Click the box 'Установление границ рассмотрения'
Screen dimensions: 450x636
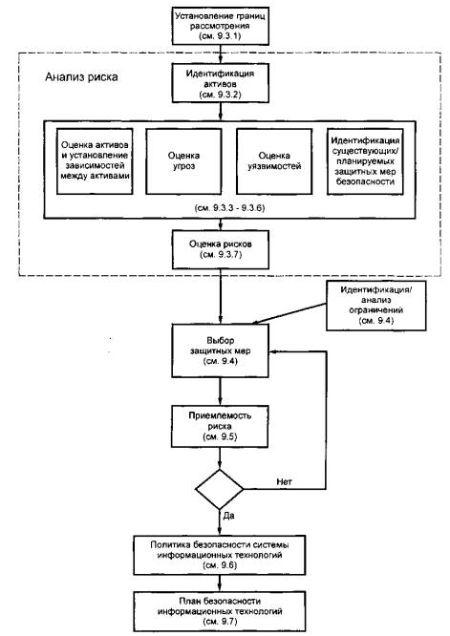[x=221, y=26]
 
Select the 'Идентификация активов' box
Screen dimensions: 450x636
[x=221, y=83]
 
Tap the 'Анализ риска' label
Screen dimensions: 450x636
[x=81, y=77]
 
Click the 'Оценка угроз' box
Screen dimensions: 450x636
[x=183, y=161]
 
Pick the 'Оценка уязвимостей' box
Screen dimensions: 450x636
[x=274, y=161]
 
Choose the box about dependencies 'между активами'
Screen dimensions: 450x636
[x=95, y=161]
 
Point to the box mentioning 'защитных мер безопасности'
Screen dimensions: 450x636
[x=365, y=161]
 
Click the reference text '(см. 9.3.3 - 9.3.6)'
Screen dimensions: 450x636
[x=229, y=208]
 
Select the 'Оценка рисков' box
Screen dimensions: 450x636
[x=221, y=249]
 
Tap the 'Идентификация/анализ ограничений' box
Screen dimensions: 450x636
[x=376, y=306]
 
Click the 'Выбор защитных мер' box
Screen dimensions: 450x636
[x=221, y=350]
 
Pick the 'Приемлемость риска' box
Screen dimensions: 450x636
[x=221, y=426]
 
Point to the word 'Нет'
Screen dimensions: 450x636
[x=284, y=482]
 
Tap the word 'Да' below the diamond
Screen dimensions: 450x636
[x=229, y=516]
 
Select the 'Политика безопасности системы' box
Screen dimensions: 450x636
[x=220, y=555]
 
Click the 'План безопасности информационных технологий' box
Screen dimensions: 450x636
[x=220, y=611]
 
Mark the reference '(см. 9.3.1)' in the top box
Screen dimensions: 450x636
[x=220, y=36]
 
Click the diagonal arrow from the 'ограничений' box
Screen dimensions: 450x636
[x=289, y=313]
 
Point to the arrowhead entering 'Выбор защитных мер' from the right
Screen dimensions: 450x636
[x=272, y=351]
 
